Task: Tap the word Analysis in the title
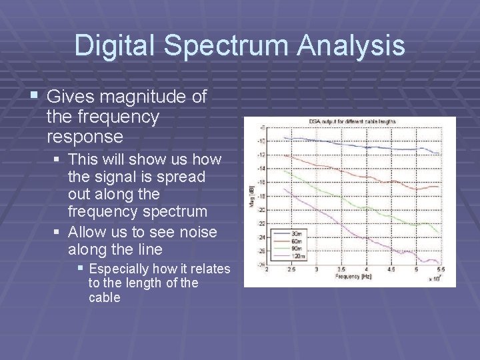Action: click(x=351, y=45)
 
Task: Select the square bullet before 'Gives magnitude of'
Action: click(x=36, y=97)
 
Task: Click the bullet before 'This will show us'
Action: click(x=59, y=159)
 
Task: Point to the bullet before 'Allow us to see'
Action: click(x=59, y=231)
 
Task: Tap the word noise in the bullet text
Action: click(x=199, y=231)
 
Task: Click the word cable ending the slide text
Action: click(x=104, y=297)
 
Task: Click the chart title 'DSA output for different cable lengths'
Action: click(x=352, y=121)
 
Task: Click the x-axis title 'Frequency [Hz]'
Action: click(x=353, y=275)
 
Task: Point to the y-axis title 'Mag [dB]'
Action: click(x=252, y=196)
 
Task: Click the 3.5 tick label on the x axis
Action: click(x=342, y=269)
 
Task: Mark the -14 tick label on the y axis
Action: click(x=261, y=169)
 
